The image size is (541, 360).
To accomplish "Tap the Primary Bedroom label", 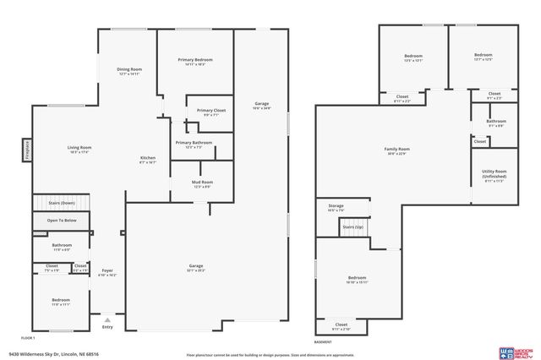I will (194, 60).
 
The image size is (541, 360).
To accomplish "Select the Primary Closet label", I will (210, 111).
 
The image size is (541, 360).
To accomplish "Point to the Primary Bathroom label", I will (194, 143).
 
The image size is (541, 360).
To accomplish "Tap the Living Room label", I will (79, 148).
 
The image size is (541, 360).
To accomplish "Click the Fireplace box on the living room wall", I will (26, 150).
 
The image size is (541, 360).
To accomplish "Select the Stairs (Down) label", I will (62, 204).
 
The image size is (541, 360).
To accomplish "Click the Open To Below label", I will (62, 221).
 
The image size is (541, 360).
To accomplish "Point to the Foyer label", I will (107, 271).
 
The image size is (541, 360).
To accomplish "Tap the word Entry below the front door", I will (107, 328).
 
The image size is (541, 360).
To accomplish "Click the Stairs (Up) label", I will (352, 227).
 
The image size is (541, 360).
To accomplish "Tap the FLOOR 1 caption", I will (41, 336).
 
